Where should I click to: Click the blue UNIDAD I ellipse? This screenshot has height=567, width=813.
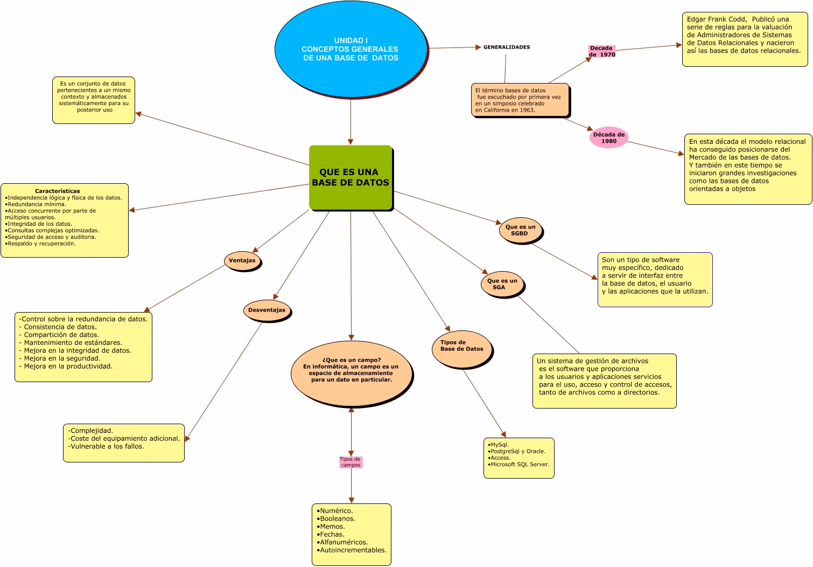click(x=351, y=49)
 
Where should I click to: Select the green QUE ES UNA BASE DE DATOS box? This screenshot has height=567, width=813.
click(x=351, y=177)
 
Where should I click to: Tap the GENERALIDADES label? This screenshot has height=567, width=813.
click(x=506, y=47)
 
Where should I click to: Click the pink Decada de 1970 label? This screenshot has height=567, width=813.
click(x=602, y=51)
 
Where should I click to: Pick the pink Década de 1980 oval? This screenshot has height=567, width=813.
click(x=608, y=137)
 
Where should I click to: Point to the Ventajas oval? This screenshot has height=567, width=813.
click(x=242, y=260)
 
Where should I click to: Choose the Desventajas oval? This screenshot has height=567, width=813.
click(x=267, y=310)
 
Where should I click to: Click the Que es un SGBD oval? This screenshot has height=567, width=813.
click(x=521, y=230)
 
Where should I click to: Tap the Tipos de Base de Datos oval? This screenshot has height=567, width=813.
click(x=461, y=349)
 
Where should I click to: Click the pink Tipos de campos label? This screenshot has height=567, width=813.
click(x=351, y=462)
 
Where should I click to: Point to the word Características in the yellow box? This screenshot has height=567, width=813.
click(x=58, y=191)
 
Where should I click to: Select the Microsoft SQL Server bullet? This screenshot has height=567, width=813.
click(x=518, y=464)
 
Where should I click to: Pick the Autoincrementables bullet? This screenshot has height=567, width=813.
click(x=352, y=550)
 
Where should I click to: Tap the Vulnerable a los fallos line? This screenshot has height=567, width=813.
click(x=106, y=446)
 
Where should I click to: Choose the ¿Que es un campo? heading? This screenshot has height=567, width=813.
click(x=352, y=360)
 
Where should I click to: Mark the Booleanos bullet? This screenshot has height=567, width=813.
click(x=336, y=518)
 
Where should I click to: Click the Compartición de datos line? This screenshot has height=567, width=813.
click(x=59, y=335)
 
